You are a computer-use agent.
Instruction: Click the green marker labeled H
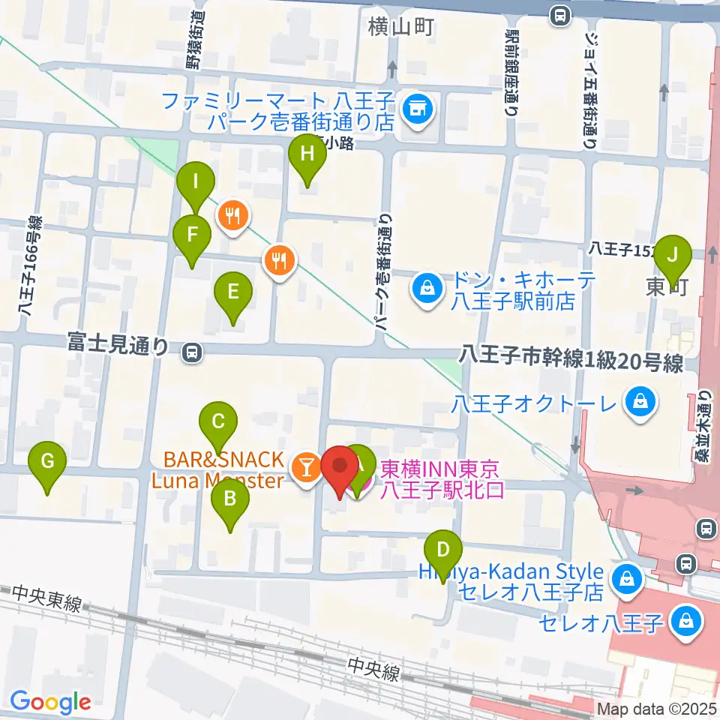coord(307,156)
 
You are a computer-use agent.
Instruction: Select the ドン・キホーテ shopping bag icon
coord(426,289)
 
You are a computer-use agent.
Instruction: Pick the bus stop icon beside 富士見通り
coord(193,350)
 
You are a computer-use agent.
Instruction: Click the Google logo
coord(50,702)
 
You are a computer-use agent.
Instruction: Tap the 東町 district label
coord(666,287)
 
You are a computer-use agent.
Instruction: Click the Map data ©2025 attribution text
coord(657,709)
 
